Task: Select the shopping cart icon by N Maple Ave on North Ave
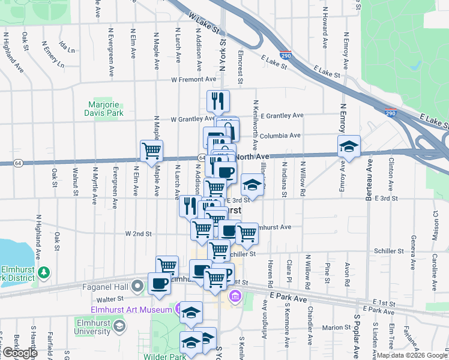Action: click(x=151, y=150)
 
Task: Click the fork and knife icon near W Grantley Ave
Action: click(x=218, y=101)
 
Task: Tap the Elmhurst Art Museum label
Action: click(x=133, y=310)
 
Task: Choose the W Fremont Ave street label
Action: click(x=193, y=79)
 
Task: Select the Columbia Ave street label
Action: click(x=280, y=136)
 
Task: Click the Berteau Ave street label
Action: click(x=370, y=176)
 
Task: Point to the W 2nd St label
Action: click(x=139, y=233)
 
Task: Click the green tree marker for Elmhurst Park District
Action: click(x=43, y=273)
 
